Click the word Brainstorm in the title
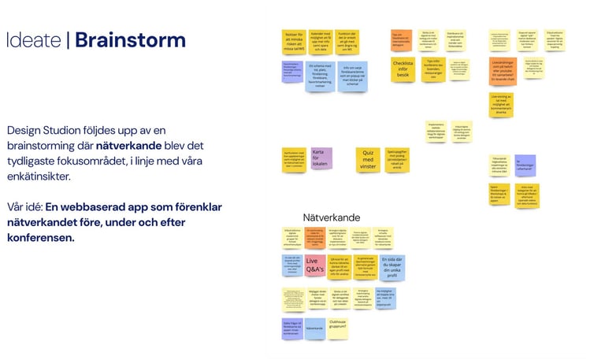pyautogui.click(x=130, y=40)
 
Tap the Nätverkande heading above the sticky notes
pyautogui.click(x=332, y=217)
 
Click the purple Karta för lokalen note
pyautogui.click(x=321, y=157)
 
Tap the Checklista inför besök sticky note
pyautogui.click(x=403, y=69)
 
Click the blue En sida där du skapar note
pyautogui.click(x=392, y=266)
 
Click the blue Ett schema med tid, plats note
pyautogui.click(x=320, y=75)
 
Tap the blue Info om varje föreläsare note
pyautogui.click(x=352, y=76)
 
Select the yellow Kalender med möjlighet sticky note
pyautogui.click(x=320, y=41)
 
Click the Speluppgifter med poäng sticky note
pyautogui.click(x=397, y=158)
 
